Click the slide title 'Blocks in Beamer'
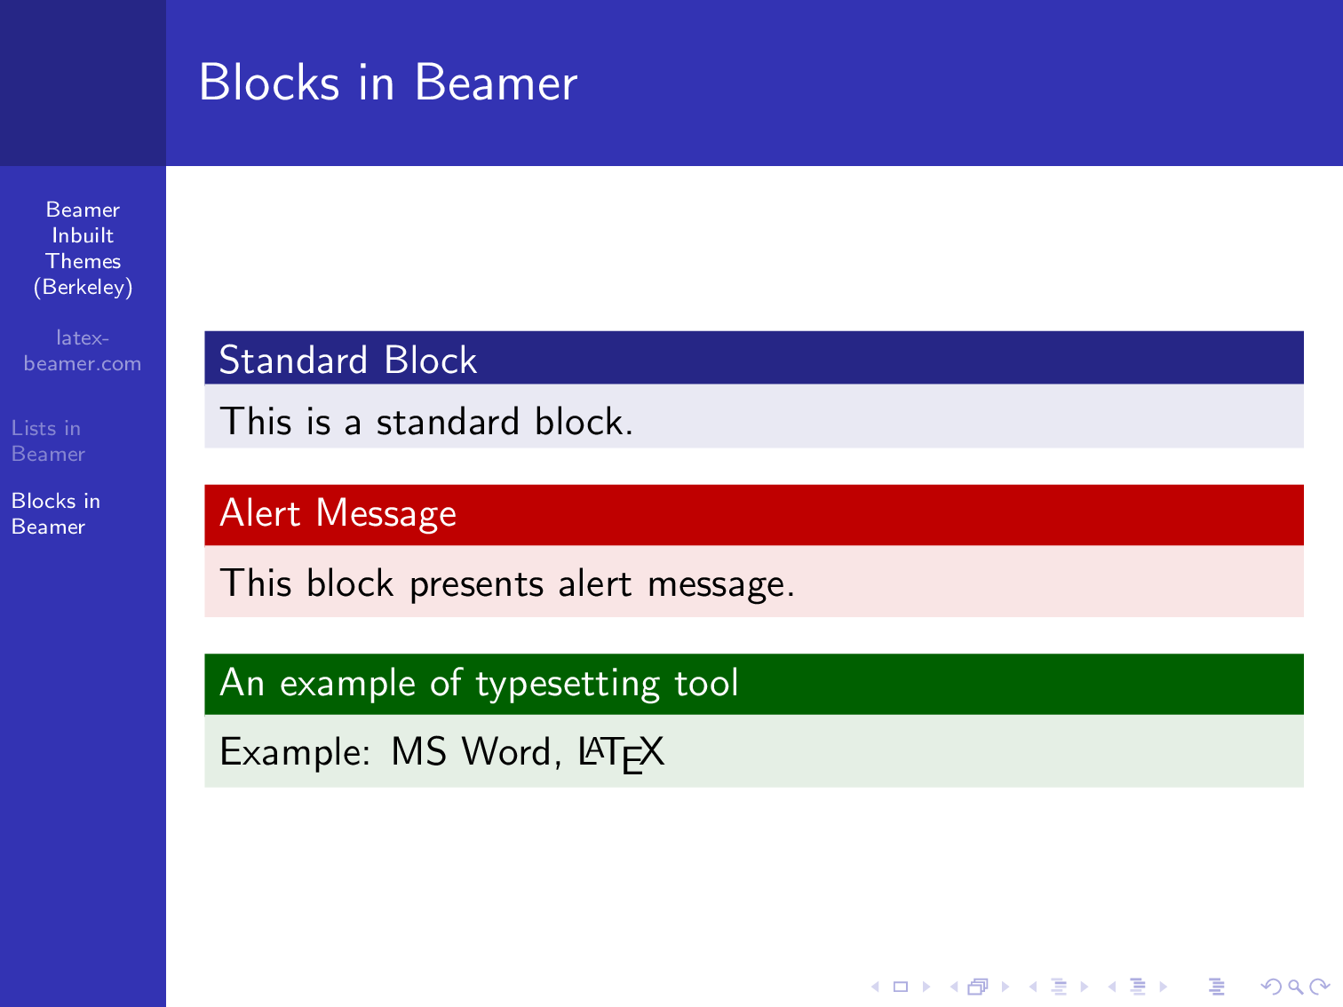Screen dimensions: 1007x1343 388,83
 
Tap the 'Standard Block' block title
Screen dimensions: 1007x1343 347,360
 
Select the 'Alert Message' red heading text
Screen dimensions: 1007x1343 338,513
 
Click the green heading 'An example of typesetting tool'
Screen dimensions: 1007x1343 479,683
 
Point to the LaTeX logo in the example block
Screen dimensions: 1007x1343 621,753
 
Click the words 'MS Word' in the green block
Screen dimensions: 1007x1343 471,752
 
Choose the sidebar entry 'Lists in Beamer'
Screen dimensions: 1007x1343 48,440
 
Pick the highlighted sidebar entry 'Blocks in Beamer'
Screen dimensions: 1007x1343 55,513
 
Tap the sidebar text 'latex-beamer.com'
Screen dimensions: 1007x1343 83,351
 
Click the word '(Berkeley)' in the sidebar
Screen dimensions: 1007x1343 83,288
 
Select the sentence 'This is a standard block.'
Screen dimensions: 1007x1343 425,422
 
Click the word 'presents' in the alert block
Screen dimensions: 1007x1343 476,584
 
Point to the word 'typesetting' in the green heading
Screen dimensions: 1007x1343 568,684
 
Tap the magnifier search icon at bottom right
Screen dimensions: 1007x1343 1295,987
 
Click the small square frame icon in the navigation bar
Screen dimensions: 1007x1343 900,987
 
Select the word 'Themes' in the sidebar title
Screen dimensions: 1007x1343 83,261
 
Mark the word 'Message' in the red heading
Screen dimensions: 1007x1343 385,513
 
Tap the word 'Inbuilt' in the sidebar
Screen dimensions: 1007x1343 83,235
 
